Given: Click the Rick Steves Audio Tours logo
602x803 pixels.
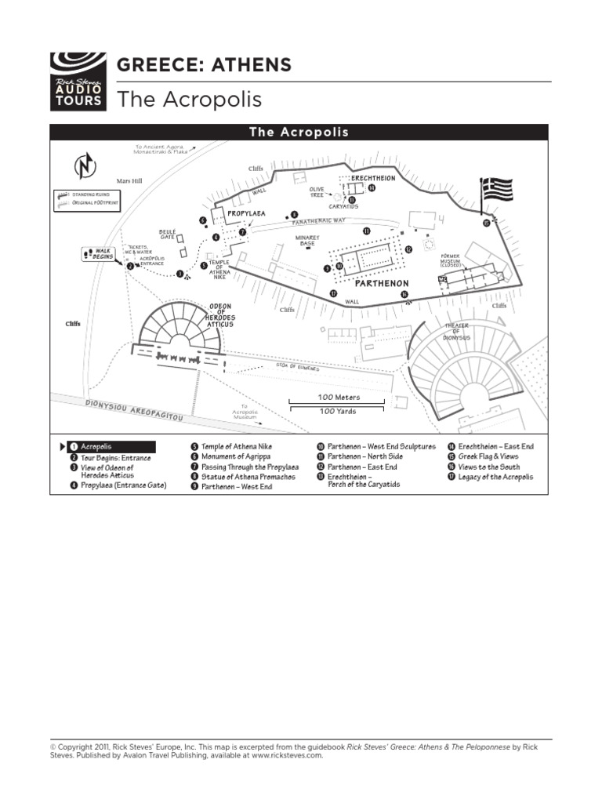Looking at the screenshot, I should point(77,81).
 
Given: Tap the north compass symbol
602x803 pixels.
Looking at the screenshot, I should point(84,167).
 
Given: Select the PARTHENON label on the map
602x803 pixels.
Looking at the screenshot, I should point(381,283).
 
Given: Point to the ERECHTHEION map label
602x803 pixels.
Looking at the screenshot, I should point(373,179).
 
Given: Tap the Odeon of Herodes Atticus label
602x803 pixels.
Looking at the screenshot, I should point(219,314).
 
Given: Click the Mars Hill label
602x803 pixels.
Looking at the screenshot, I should point(129,181).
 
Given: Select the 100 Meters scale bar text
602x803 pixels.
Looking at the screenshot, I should point(339,398).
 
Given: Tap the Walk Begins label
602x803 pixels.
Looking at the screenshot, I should point(103,253).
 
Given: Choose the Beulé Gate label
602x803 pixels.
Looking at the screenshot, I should point(168,234).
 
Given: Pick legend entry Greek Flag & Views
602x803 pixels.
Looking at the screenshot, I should point(488,456).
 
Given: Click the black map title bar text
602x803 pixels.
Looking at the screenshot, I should point(299,133).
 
